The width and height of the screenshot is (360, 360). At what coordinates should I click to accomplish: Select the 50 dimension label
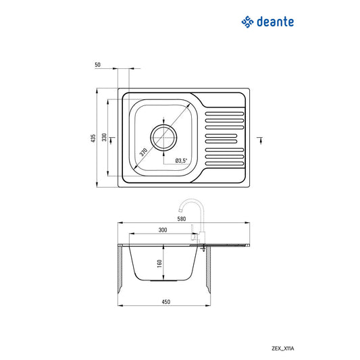pyautogui.click(x=98, y=64)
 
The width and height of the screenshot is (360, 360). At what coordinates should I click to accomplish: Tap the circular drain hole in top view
pyautogui.click(x=164, y=137)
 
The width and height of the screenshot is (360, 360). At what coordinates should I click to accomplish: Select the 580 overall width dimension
pyautogui.click(x=181, y=218)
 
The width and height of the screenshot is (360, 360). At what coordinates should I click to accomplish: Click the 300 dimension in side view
pyautogui.click(x=163, y=230)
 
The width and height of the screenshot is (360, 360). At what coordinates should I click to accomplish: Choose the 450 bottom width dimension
pyautogui.click(x=165, y=301)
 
